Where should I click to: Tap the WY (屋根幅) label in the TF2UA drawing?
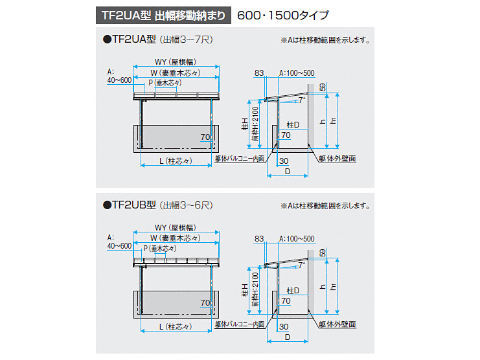click(x=176, y=62)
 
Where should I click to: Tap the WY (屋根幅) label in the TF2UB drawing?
click(x=176, y=228)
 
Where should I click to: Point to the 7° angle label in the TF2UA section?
click(x=301, y=101)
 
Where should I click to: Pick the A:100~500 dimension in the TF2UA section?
click(x=296, y=73)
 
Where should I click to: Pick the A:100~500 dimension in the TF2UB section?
click(x=296, y=239)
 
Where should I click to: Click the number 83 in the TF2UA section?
click(x=260, y=73)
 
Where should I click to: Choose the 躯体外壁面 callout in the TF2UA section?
click(x=337, y=158)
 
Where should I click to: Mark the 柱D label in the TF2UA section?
click(x=293, y=124)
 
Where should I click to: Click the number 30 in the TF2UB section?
click(x=283, y=326)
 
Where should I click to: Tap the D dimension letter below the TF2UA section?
click(x=287, y=171)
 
